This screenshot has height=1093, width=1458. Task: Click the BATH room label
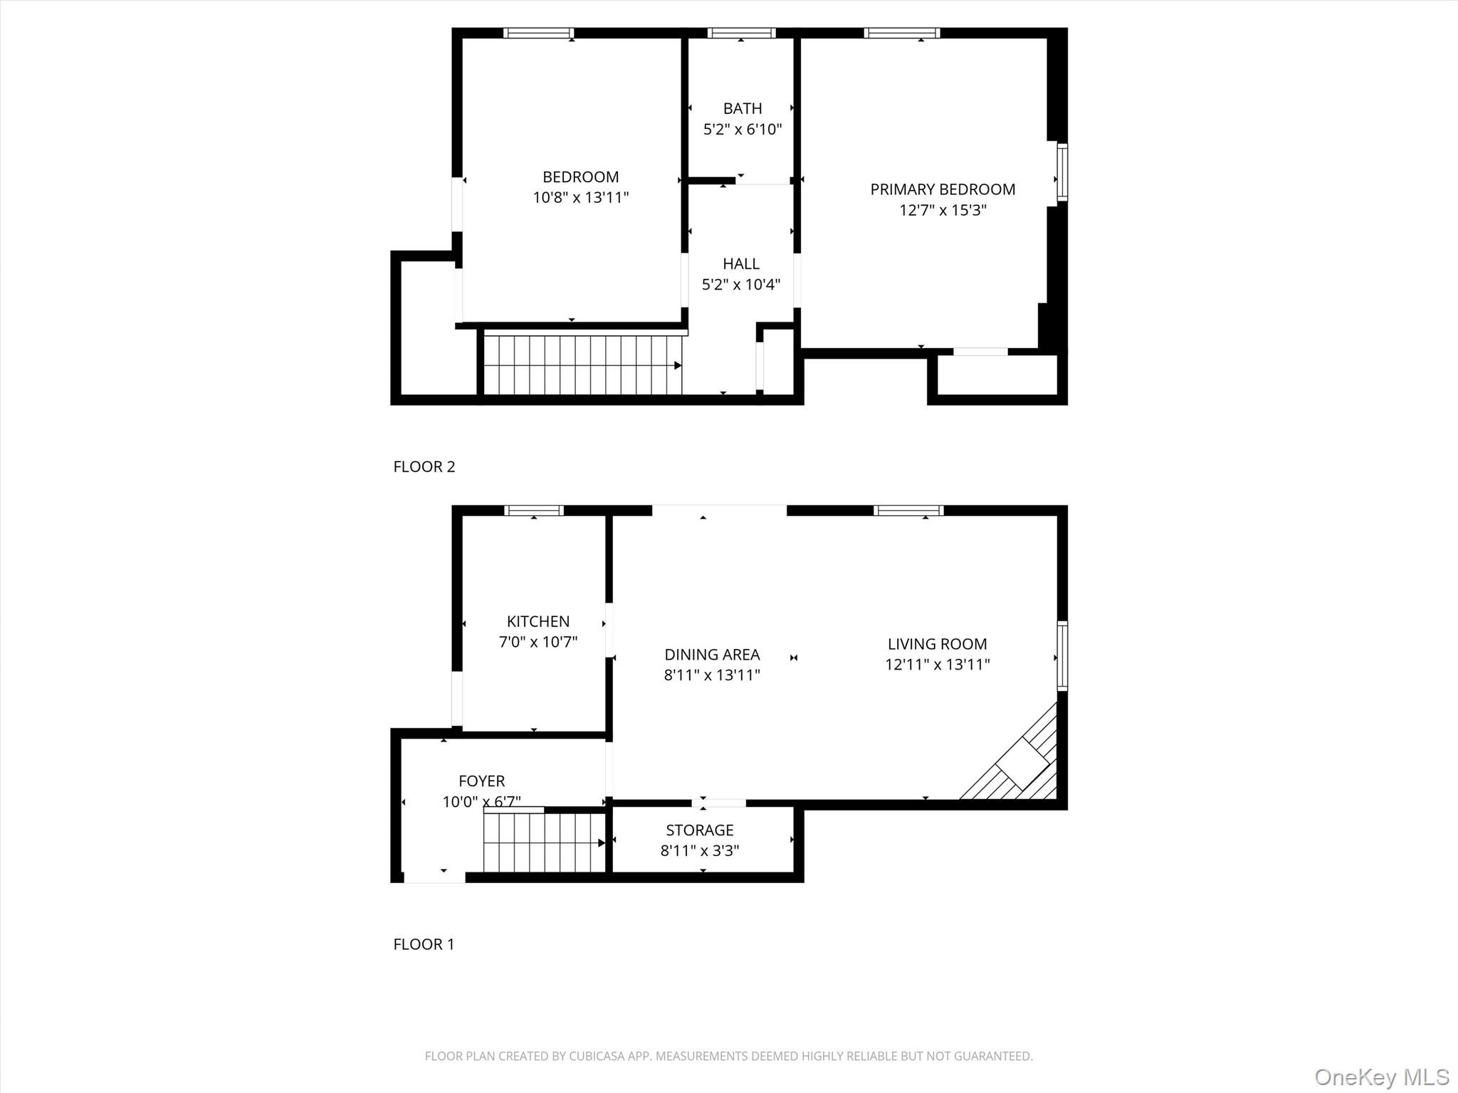pyautogui.click(x=742, y=108)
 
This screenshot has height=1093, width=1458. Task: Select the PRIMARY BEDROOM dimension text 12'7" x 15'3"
pyautogui.click(x=943, y=210)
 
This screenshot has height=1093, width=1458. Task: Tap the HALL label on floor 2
pyautogui.click(x=740, y=264)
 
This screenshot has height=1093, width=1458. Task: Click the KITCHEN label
pyautogui.click(x=537, y=621)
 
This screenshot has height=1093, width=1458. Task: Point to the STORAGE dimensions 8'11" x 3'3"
pyautogui.click(x=699, y=850)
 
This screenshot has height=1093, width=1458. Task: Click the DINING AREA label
pyautogui.click(x=712, y=655)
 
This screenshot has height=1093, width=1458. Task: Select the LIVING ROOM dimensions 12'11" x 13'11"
pyautogui.click(x=937, y=665)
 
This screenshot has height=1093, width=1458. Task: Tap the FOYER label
pyautogui.click(x=481, y=781)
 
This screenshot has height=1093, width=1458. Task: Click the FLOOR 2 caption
pyautogui.click(x=424, y=467)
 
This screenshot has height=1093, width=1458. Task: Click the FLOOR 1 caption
pyautogui.click(x=424, y=944)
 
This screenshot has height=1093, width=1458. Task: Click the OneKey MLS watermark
pyautogui.click(x=1381, y=1077)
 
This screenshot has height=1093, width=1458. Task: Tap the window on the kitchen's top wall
pyautogui.click(x=534, y=510)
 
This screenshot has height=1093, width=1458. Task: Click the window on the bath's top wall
pyautogui.click(x=741, y=33)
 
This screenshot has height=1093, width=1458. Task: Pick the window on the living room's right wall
pyautogui.click(x=1061, y=655)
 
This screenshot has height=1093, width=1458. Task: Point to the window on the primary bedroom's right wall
pyautogui.click(x=1061, y=172)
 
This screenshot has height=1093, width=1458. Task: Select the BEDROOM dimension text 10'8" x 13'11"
pyautogui.click(x=581, y=198)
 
